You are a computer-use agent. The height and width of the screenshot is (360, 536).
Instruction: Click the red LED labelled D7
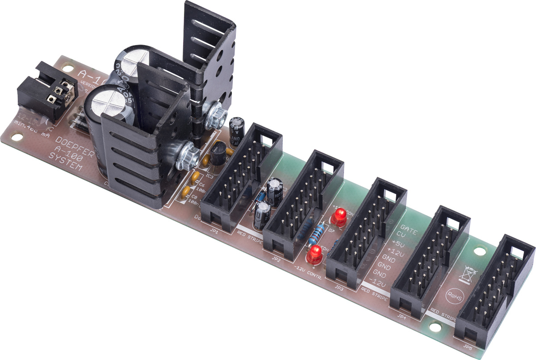pyautogui.click(x=338, y=218)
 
